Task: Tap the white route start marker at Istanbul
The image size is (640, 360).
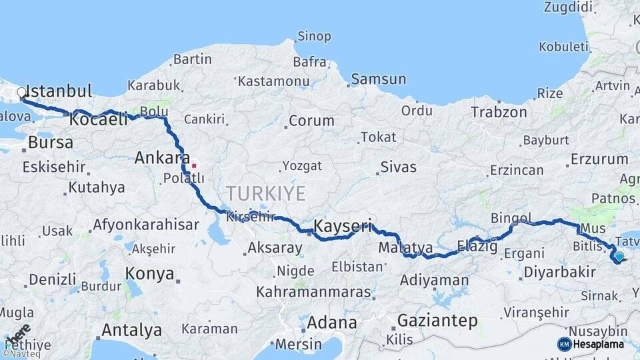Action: pos(22,93)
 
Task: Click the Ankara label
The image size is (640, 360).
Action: pos(162,158)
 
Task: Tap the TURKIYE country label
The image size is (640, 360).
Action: pos(265,193)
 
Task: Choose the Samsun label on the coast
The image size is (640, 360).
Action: pos(378,79)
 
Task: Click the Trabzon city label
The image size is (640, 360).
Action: pos(499,112)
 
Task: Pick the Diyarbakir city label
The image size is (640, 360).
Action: pos(559,272)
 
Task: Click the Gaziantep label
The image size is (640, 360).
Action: pos(437,321)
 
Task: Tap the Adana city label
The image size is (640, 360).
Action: pos(332,323)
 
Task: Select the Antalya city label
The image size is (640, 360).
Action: pos(131,330)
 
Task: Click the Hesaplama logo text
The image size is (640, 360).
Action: pos(599,345)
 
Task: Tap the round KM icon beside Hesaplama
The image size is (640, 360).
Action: pos(565,344)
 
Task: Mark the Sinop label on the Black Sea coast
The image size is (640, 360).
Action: pos(314,37)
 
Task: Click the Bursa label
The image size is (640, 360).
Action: pos(51,143)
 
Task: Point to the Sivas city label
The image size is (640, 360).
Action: pos(398,167)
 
